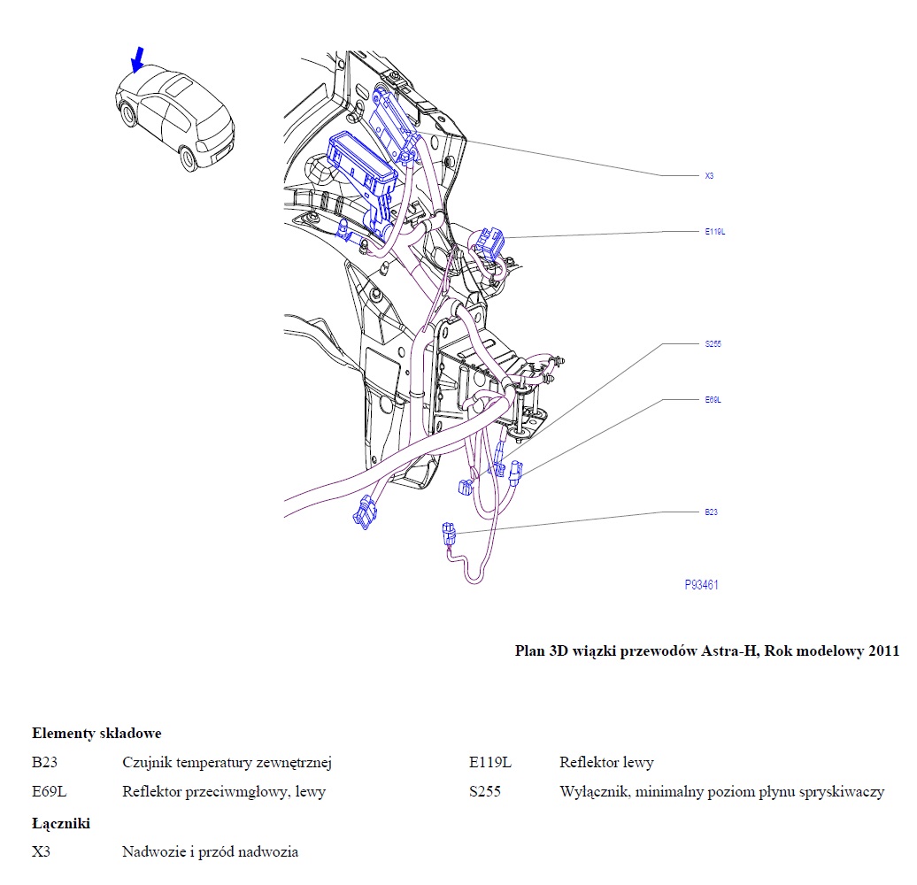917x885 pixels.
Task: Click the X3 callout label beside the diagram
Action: [x=709, y=176]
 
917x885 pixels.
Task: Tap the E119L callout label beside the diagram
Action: [x=714, y=232]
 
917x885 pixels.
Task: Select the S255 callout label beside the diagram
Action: [x=713, y=343]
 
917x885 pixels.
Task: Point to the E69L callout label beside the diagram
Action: [x=713, y=399]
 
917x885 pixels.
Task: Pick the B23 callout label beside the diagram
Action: [x=710, y=512]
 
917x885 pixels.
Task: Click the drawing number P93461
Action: [x=701, y=585]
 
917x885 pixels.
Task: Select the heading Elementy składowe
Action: [x=96, y=733]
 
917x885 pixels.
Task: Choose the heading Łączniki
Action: [x=61, y=823]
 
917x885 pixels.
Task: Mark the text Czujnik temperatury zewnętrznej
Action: [x=227, y=762]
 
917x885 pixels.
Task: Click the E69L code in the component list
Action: [x=49, y=792]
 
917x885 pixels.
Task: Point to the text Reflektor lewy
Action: [x=606, y=762]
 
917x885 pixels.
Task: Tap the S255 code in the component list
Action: [x=485, y=792]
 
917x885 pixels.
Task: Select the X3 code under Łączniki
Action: [x=42, y=852]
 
